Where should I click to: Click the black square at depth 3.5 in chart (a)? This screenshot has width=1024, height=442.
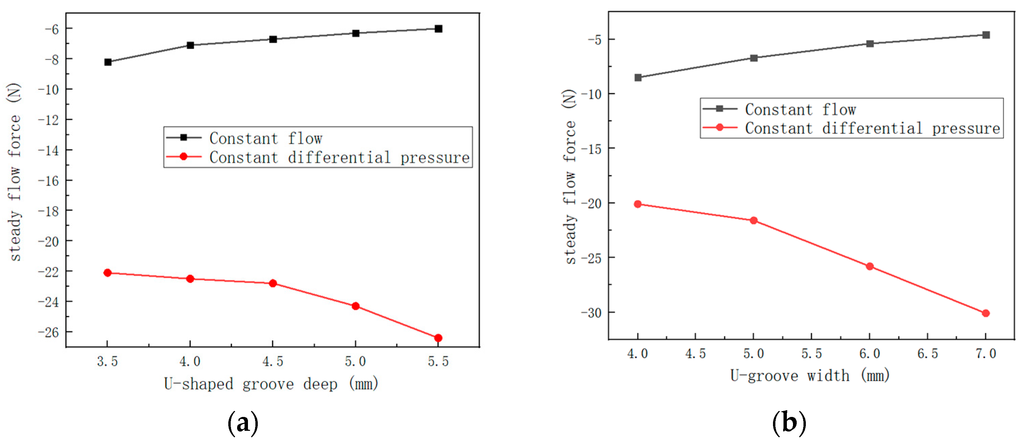coord(108,62)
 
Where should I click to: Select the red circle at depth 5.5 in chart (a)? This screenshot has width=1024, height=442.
coord(438,338)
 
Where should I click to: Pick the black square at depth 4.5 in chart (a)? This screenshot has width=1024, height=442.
coord(273,39)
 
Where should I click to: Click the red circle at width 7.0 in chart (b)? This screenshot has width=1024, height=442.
coord(985,313)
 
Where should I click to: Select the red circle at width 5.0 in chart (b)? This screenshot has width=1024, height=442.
coord(753,220)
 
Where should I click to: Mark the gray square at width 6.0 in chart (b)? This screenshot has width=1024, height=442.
coord(869,43)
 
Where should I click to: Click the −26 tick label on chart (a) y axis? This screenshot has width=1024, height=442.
coord(48,332)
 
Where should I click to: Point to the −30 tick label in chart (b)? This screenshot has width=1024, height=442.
coord(591,313)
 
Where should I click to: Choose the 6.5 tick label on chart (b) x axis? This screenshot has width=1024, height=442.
coord(927,353)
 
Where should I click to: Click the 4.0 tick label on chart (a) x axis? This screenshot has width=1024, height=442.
coord(190,361)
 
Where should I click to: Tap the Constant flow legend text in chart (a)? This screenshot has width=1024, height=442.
coord(266,138)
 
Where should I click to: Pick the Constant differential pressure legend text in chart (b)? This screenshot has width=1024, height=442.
coord(872,128)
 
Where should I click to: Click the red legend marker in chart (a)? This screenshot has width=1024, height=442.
coord(183,156)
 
